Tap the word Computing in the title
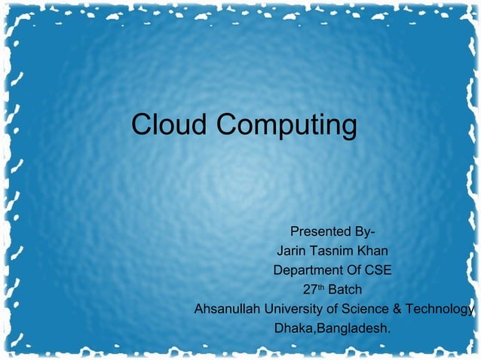(287, 126)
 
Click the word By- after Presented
(365, 230)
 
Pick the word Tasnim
(329, 250)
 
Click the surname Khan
(371, 250)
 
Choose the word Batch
(345, 289)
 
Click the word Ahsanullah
(228, 309)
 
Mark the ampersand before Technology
(397, 309)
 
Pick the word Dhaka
(294, 329)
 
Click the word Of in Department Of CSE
(351, 270)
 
